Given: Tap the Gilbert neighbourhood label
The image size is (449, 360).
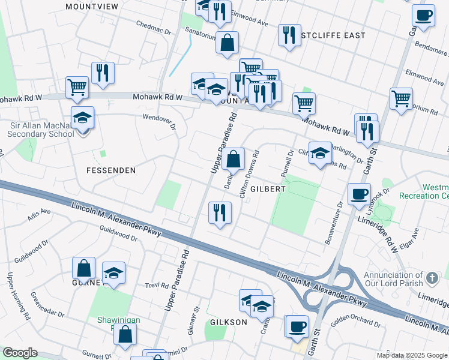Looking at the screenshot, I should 268,188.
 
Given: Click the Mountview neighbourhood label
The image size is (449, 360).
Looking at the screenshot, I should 92,6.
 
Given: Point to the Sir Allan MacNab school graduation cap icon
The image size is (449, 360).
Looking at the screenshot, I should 82,118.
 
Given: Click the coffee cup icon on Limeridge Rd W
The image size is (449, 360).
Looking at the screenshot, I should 360,194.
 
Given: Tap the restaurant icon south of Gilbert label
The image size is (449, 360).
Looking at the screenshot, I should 219,212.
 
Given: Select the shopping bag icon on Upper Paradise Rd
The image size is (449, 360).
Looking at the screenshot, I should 234,160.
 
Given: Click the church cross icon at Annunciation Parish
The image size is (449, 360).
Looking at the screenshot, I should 432,278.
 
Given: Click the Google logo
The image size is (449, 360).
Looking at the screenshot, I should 19,353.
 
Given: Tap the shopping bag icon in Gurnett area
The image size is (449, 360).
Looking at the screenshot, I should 84,269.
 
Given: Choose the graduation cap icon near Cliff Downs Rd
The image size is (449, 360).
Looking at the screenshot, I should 320,152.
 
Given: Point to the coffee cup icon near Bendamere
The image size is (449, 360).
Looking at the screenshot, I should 423,15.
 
